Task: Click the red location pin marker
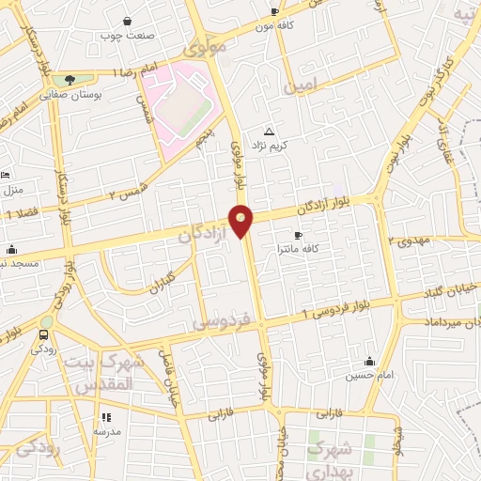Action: pos(241,220)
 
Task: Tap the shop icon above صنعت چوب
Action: pos(128,21)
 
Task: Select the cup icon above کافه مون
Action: pos(274,12)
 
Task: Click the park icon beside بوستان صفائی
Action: pos(70,81)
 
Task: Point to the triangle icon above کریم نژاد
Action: pos(270,132)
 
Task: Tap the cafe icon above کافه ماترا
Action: pos(298,235)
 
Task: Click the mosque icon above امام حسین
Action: pos(368,362)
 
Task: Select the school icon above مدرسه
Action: pos(106,416)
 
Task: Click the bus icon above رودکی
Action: pos(44,334)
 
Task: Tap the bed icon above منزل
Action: pos(5,175)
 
